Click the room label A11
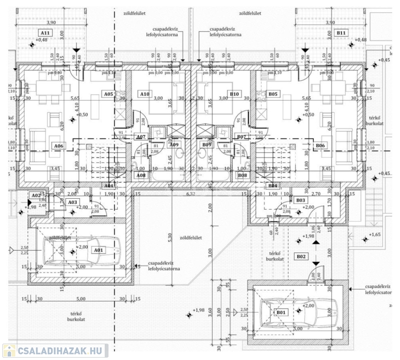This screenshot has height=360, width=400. [x=45, y=33]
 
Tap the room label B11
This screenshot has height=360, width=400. [x=341, y=33]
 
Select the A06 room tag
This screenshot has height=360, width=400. [x=59, y=146]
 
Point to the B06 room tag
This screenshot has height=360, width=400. [x=320, y=146]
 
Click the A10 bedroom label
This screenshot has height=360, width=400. [x=145, y=94]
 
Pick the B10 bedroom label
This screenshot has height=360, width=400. [x=235, y=94]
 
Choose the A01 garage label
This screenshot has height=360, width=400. [x=98, y=250]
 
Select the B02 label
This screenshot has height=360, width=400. [x=301, y=256]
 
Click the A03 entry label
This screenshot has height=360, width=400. [x=72, y=202]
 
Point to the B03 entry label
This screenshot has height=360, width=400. [x=301, y=200]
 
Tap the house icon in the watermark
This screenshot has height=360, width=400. [x=9, y=351]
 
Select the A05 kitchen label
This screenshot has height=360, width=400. [x=109, y=94]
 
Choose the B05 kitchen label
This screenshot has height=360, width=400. [x=274, y=94]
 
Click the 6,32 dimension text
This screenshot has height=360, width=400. [x=190, y=193]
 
